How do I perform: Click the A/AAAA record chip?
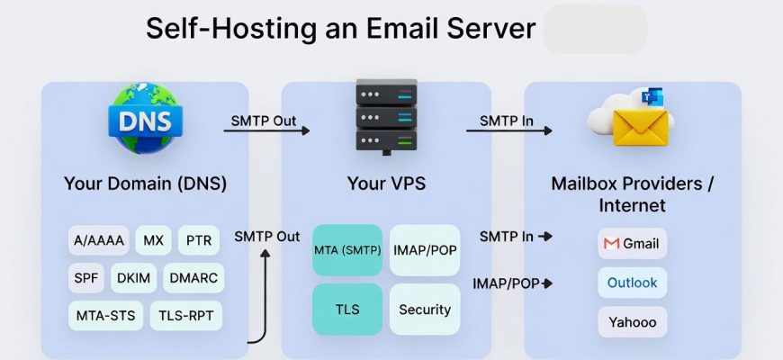point(99,241)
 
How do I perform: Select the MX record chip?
point(153,241)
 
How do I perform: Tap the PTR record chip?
point(198,241)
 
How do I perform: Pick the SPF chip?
point(86,278)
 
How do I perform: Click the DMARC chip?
point(193,278)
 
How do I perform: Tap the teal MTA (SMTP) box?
point(347,250)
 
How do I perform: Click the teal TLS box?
point(347,310)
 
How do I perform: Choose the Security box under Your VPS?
point(425,310)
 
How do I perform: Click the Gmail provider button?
point(632,244)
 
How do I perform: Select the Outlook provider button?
point(632,283)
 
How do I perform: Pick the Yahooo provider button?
point(632,321)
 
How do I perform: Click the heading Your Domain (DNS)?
point(145,184)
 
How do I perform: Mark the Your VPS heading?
point(386,184)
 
